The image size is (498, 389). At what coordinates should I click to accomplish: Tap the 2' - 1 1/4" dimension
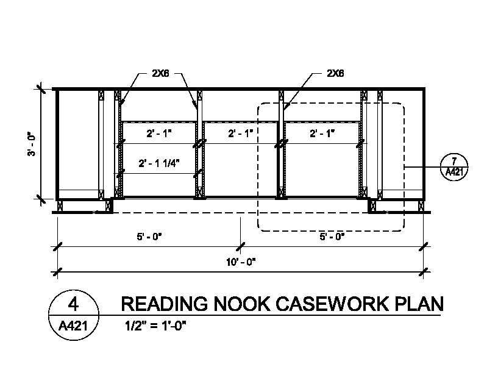158,163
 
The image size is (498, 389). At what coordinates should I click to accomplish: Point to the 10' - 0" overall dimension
240,262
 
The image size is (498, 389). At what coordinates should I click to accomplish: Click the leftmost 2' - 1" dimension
158,132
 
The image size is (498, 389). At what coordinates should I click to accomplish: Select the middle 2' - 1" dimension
241,132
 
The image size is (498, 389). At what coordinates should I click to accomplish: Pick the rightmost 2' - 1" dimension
322,132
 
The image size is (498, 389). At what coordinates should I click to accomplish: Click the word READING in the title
165,304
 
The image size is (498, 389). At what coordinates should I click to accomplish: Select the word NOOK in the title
243,304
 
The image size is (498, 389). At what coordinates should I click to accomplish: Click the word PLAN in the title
418,304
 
